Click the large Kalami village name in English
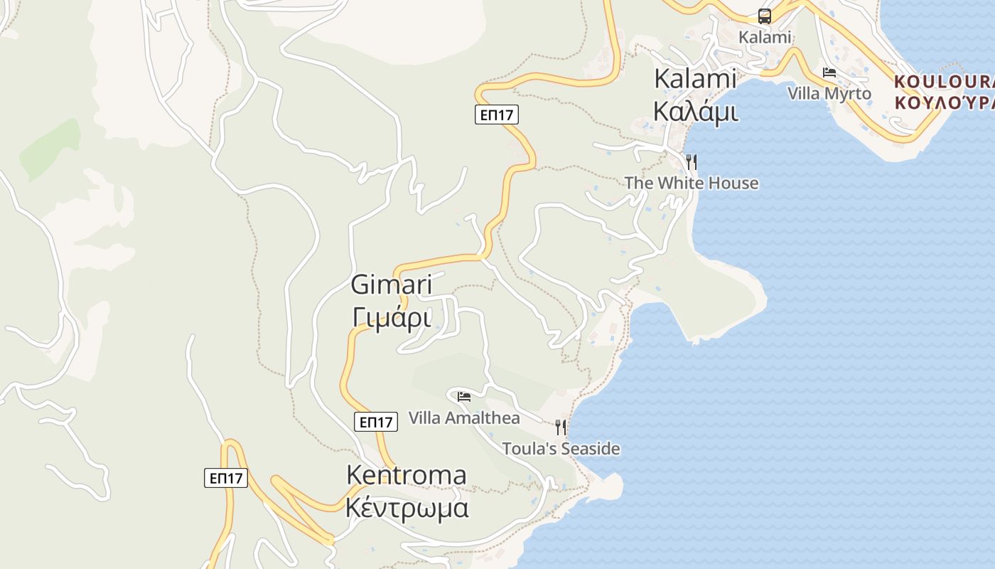(x=694, y=78)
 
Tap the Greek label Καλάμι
(x=694, y=112)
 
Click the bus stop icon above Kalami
(x=765, y=16)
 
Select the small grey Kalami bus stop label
(x=765, y=37)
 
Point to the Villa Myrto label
(x=829, y=93)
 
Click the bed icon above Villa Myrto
(x=829, y=73)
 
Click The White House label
(x=691, y=183)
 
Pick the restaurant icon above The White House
(x=691, y=162)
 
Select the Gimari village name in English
(x=392, y=285)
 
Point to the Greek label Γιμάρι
(x=392, y=317)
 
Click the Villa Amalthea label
(x=464, y=418)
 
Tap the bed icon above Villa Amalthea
(x=464, y=397)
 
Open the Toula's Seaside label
(x=561, y=449)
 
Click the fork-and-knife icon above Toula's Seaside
(x=561, y=427)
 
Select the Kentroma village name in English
(x=407, y=474)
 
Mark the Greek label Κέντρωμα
(x=407, y=509)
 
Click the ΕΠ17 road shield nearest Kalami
(x=497, y=115)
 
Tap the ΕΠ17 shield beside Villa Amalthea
(x=376, y=422)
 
